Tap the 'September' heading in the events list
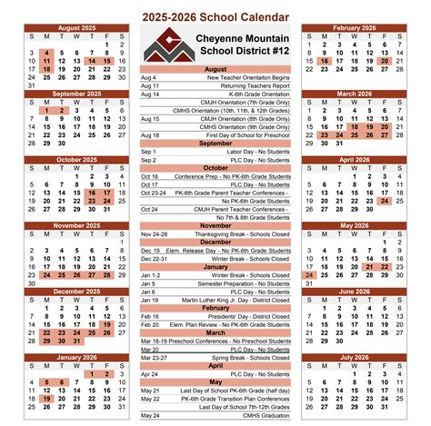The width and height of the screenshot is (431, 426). [215, 144]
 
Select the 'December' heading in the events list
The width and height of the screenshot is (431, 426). [215, 242]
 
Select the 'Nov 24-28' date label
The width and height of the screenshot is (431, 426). [154, 233]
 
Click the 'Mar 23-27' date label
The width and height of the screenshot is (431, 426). [154, 357]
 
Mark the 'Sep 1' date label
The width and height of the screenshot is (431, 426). [148, 152]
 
